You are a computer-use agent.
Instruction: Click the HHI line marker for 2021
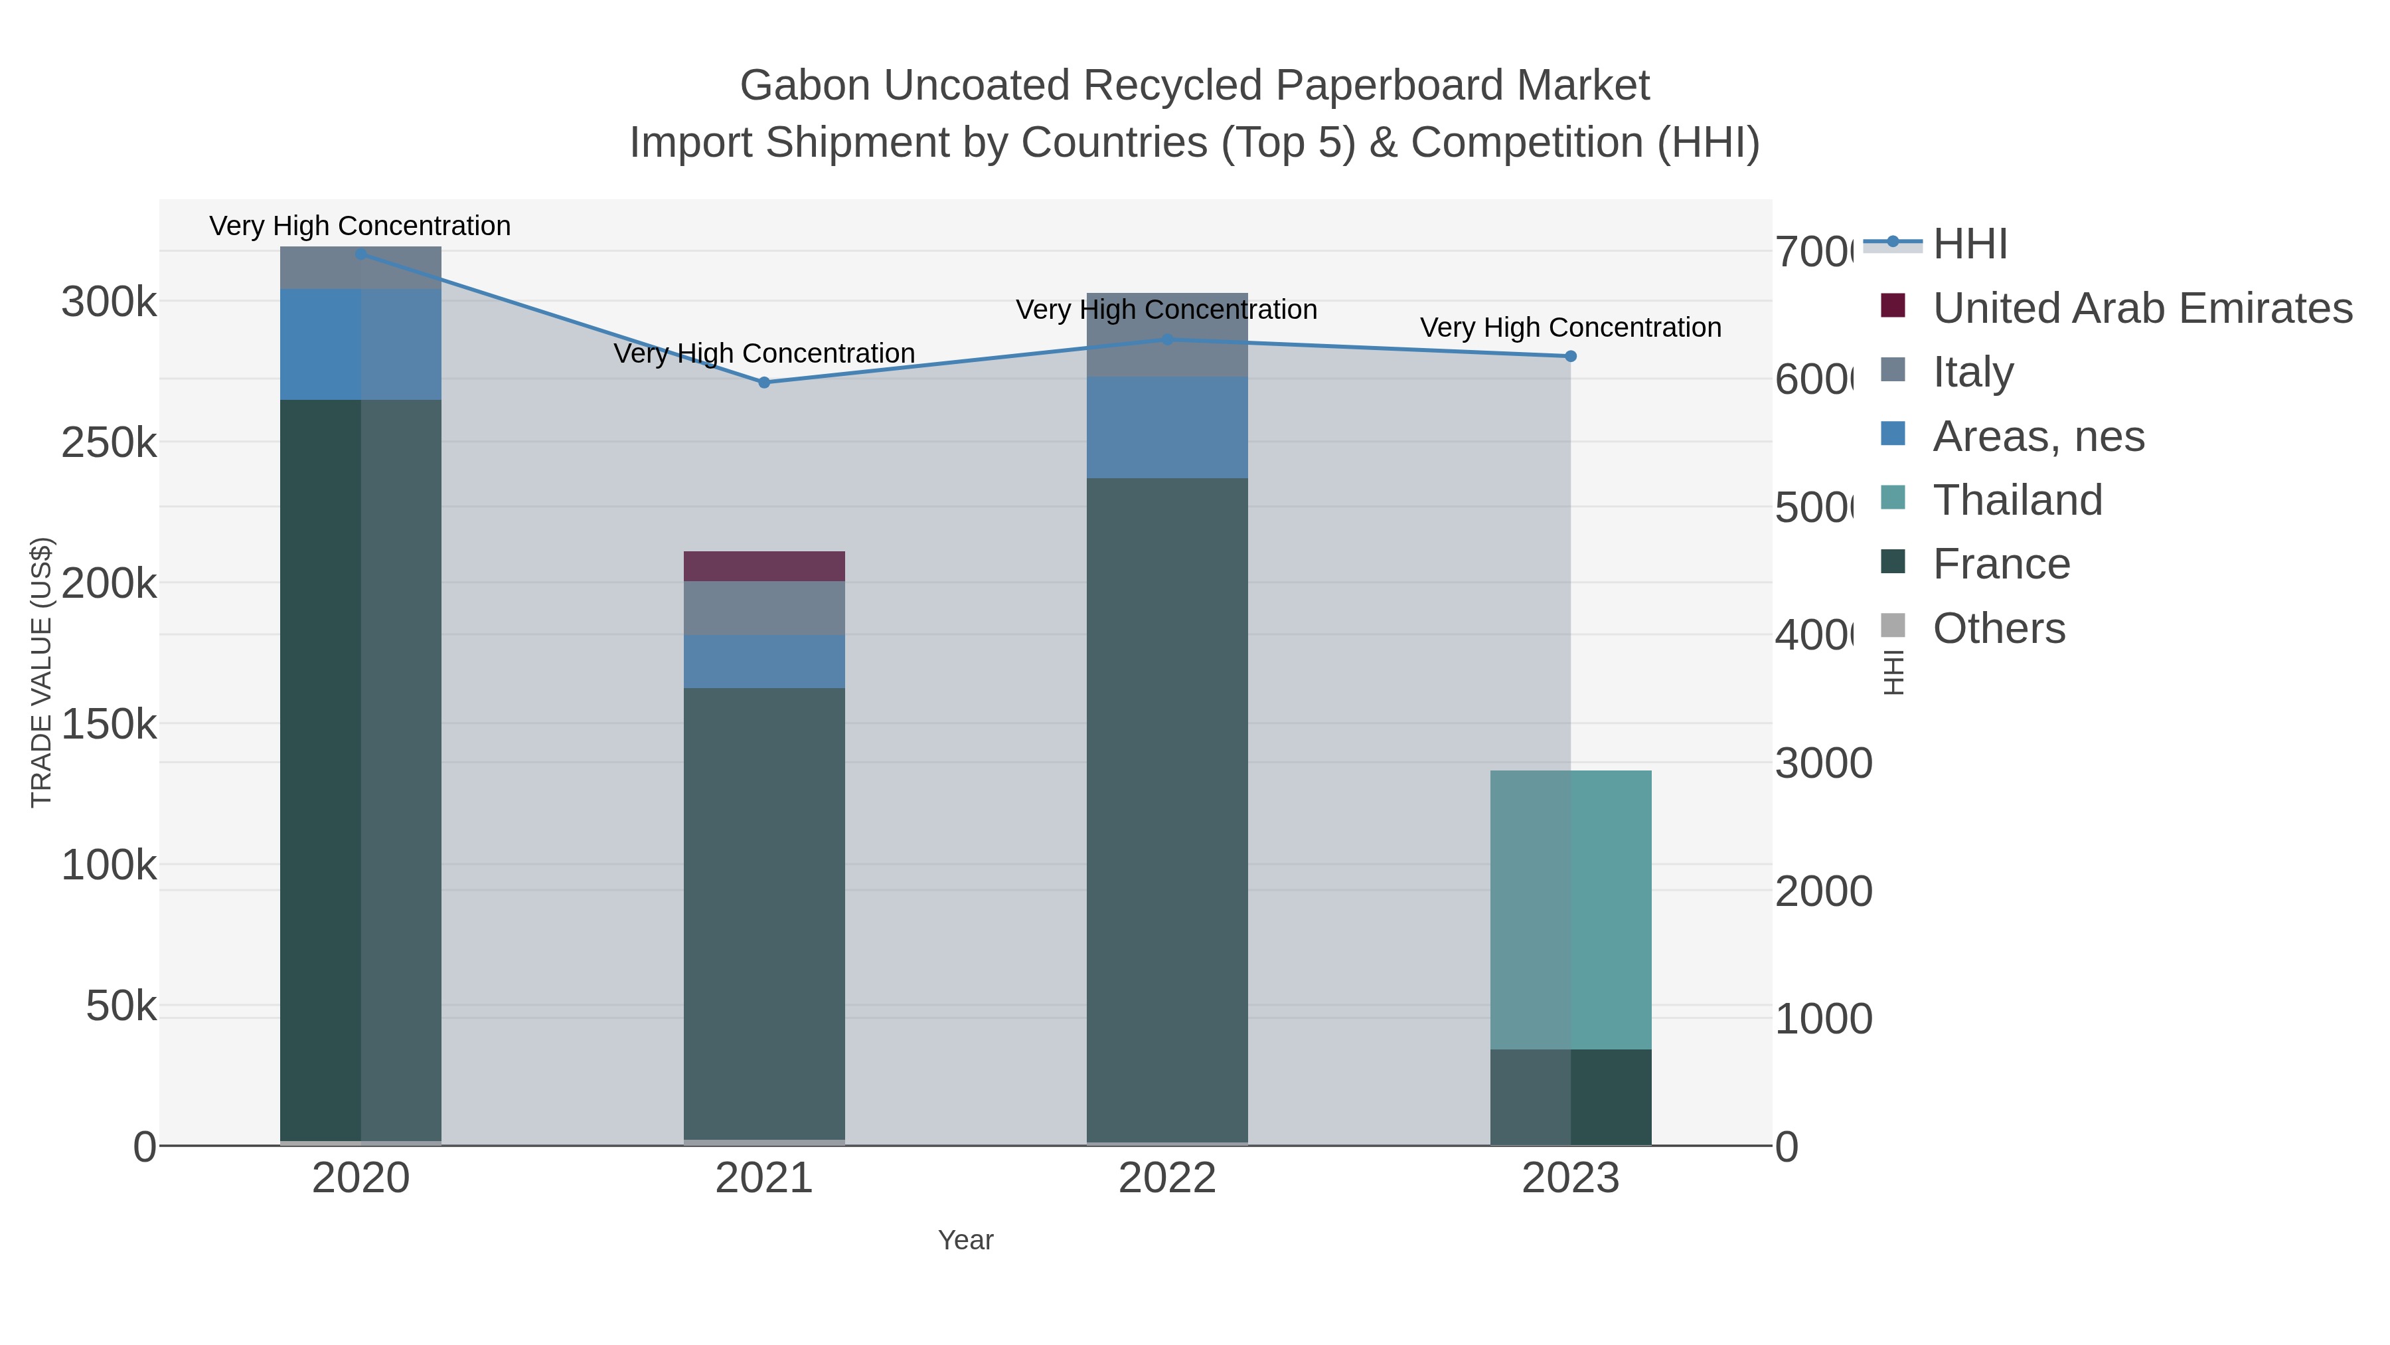click(763, 383)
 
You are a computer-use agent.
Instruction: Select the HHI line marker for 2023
click(1570, 357)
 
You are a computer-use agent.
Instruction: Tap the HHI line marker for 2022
click(1167, 339)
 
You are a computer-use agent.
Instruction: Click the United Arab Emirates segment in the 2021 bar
click(763, 566)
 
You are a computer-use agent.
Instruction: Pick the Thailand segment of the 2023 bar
click(1570, 910)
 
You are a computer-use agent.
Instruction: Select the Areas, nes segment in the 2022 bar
click(1167, 428)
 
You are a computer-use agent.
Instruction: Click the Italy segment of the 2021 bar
click(763, 608)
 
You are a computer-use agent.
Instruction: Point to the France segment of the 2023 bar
click(1570, 1097)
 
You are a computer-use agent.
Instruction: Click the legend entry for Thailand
click(2016, 500)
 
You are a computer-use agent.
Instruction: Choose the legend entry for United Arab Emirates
click(2141, 308)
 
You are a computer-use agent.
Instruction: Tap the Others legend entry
click(1998, 628)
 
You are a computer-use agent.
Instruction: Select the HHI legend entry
click(1969, 244)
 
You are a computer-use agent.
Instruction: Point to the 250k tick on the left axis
click(109, 444)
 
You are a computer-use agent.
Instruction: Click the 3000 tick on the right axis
click(1823, 764)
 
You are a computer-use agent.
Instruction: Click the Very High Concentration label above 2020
click(360, 226)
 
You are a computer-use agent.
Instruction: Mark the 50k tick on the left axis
click(121, 1006)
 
